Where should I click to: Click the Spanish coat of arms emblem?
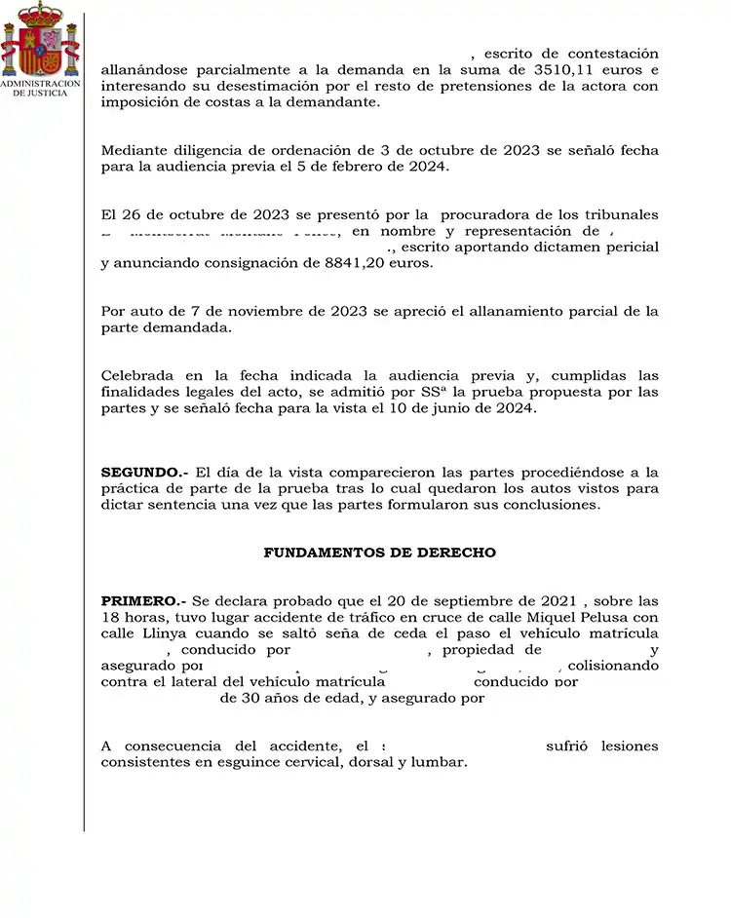40,40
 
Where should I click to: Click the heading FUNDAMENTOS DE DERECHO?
379,553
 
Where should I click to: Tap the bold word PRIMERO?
143,600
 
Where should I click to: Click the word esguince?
242,762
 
